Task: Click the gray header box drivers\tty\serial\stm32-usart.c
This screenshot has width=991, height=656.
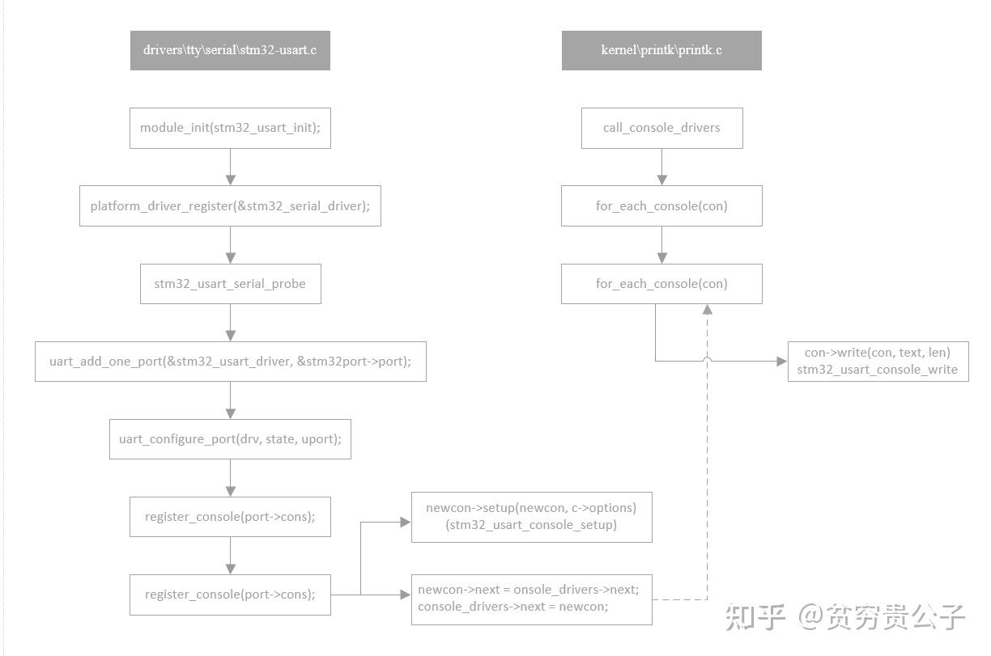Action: pyautogui.click(x=230, y=50)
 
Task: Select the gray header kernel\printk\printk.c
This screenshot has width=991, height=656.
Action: pyautogui.click(x=661, y=50)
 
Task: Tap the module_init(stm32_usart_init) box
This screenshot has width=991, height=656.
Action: pyautogui.click(x=230, y=129)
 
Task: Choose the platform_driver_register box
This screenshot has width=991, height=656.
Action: pyautogui.click(x=230, y=206)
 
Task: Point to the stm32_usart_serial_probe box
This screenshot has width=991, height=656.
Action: pyautogui.click(x=230, y=284)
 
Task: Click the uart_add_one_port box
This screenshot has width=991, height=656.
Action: pyautogui.click(x=230, y=362)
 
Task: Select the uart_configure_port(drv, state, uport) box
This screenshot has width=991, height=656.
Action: pyautogui.click(x=230, y=439)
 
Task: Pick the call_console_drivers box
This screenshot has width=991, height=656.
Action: pyautogui.click(x=661, y=128)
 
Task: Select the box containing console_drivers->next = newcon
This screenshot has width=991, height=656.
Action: pyautogui.click(x=531, y=599)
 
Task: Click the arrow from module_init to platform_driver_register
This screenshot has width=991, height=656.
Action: pyautogui.click(x=230, y=167)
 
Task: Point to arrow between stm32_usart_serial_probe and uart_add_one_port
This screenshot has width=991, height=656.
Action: pyautogui.click(x=230, y=323)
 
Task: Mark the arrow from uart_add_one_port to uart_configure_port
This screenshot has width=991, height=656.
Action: pyautogui.click(x=230, y=400)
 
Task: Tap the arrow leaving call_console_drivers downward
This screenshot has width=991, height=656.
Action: pyautogui.click(x=661, y=167)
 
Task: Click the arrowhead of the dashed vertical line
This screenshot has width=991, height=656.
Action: pyautogui.click(x=707, y=310)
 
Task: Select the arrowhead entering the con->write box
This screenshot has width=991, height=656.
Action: pyautogui.click(x=781, y=361)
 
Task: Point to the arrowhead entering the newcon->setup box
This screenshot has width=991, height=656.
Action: pyautogui.click(x=406, y=522)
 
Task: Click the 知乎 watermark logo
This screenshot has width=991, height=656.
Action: pyautogui.click(x=755, y=616)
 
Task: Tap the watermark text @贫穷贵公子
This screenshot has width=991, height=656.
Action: pyautogui.click(x=883, y=616)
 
